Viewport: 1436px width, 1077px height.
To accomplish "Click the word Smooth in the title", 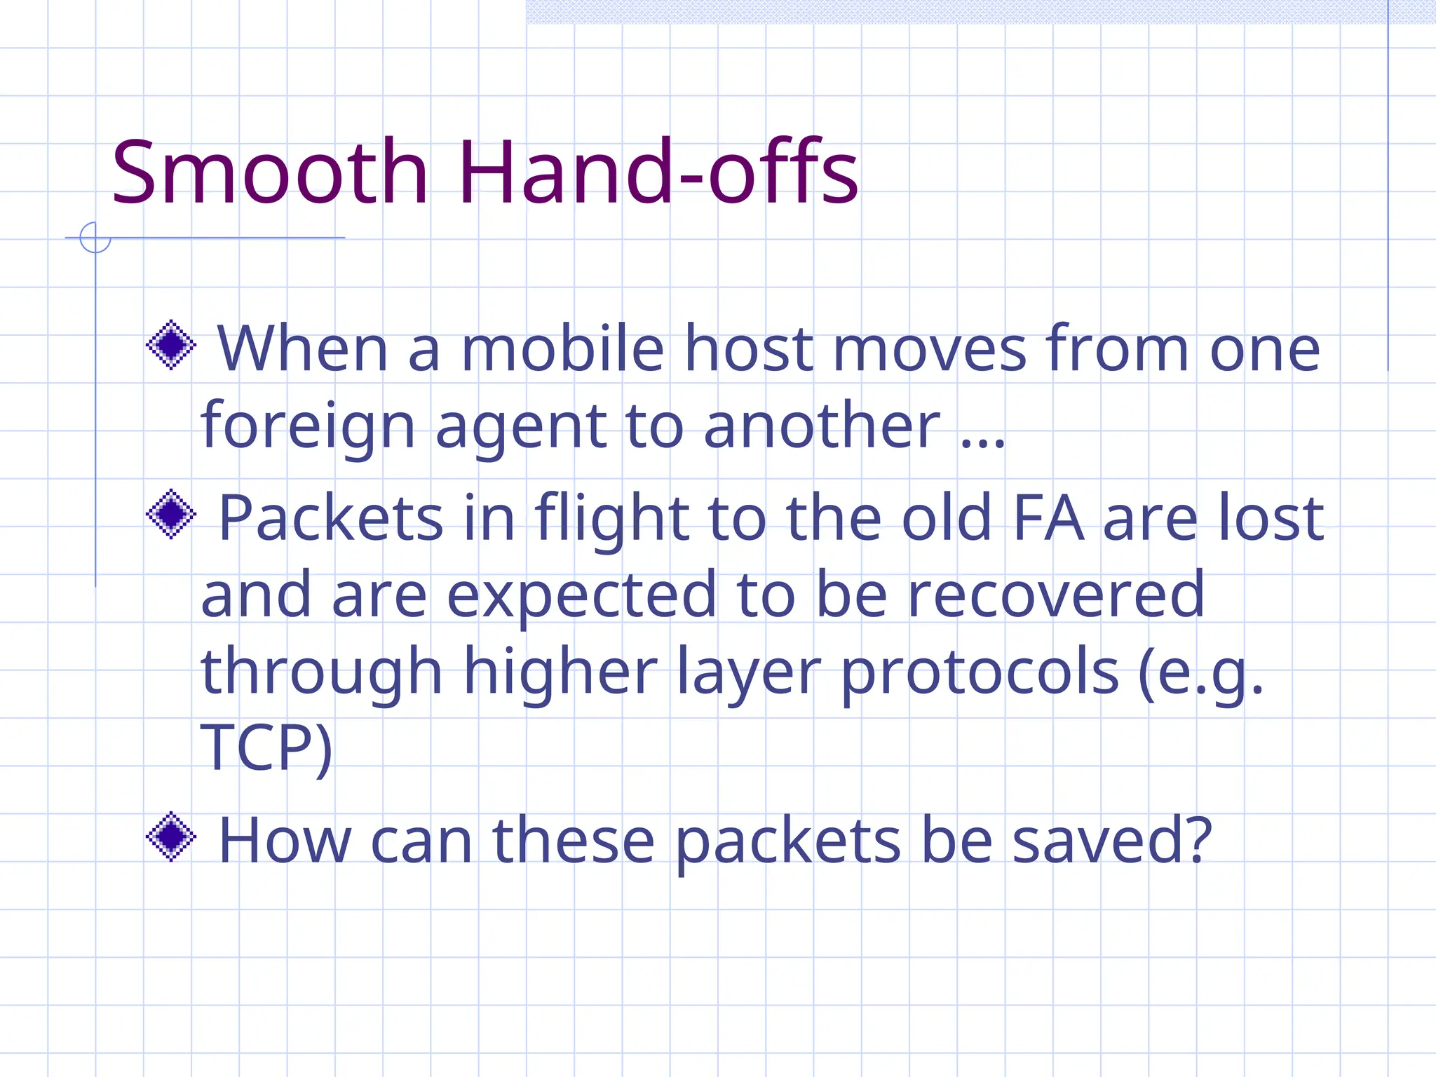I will (270, 172).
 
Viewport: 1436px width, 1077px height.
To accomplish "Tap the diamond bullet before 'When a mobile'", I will (170, 344).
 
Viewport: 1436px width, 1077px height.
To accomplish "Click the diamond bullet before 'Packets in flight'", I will (170, 514).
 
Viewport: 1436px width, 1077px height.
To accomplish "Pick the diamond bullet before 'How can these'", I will (170, 836).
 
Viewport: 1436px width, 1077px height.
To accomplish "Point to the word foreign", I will (308, 426).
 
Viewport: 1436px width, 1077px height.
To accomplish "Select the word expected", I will (581, 597).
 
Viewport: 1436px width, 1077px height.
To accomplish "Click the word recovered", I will (1056, 595).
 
